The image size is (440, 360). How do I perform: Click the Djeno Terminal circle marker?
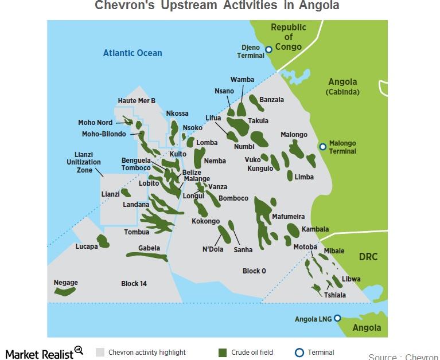[268, 50]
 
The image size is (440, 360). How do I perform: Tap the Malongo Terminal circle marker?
[322, 147]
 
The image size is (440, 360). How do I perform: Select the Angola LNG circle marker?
[337, 318]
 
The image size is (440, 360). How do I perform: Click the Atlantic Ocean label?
[133, 53]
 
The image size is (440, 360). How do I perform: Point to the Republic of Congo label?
[289, 37]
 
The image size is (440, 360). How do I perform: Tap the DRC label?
[368, 257]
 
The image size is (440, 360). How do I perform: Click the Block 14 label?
[134, 284]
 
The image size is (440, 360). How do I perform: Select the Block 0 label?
[254, 271]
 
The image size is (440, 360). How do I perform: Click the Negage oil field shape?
[65, 292]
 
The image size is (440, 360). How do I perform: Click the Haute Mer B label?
[137, 101]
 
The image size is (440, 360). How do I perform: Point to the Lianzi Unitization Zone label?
[84, 162]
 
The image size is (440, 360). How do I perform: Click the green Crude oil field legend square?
[223, 352]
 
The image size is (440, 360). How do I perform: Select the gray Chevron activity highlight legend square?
[100, 352]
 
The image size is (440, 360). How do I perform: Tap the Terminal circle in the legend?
[298, 352]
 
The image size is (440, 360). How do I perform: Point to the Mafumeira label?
[288, 217]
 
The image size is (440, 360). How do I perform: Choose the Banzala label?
[271, 100]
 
